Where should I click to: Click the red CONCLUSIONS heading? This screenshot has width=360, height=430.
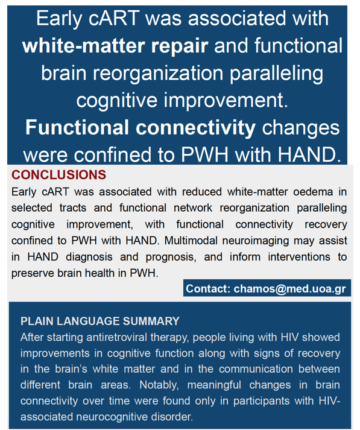(58, 175)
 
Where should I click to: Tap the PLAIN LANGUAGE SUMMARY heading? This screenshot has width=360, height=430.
(100, 321)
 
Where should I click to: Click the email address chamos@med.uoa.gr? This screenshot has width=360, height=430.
(290, 289)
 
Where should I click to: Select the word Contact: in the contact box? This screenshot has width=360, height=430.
(208, 289)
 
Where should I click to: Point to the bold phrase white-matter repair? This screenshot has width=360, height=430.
(115, 46)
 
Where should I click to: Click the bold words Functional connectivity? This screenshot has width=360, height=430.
(141, 127)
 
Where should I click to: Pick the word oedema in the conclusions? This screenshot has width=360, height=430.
(313, 192)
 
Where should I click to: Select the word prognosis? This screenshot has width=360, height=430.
(171, 258)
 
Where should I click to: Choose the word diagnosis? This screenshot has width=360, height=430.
(89, 258)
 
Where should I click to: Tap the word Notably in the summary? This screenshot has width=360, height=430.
(159, 385)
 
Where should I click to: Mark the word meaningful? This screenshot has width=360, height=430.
(214, 385)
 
